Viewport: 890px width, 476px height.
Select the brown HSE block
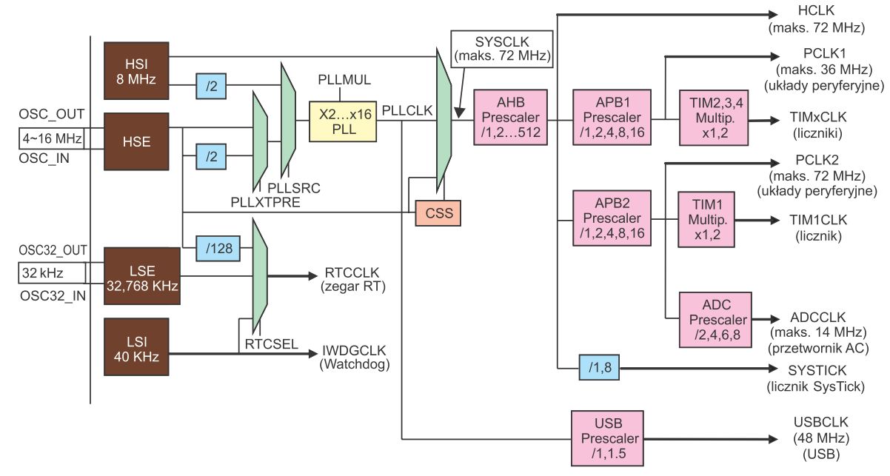pos(137,141)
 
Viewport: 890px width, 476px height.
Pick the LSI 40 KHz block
pos(137,346)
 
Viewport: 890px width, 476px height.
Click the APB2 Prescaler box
pos(612,218)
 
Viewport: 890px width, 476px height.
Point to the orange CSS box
pos(437,214)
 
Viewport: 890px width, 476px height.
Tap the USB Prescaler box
pos(605,437)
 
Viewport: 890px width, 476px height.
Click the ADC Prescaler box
pos(715,319)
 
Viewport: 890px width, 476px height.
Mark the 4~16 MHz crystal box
pos(52,138)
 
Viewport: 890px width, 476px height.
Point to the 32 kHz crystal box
pos(52,273)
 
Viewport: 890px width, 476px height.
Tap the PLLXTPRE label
pos(265,201)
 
